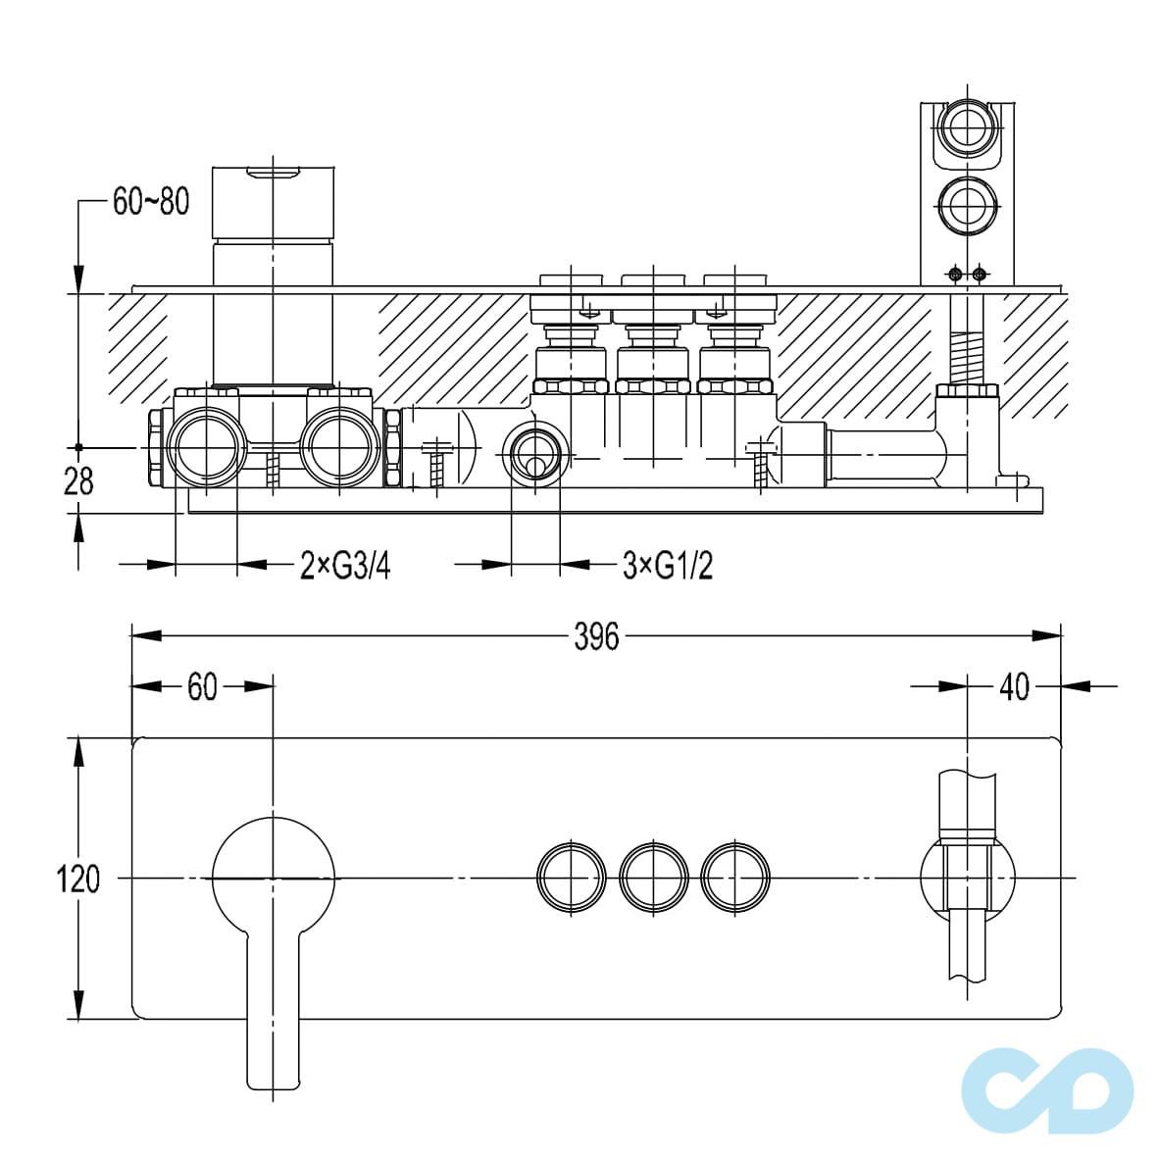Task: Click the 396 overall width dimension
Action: click(596, 636)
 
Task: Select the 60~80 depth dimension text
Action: click(151, 201)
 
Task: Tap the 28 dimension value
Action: click(78, 481)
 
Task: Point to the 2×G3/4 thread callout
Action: click(344, 566)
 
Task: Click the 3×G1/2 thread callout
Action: click(668, 566)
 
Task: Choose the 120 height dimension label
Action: click(77, 879)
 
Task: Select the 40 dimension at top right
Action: click(1014, 687)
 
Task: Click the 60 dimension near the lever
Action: click(202, 687)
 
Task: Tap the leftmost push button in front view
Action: click(572, 879)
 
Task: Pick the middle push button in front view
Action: click(653, 879)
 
